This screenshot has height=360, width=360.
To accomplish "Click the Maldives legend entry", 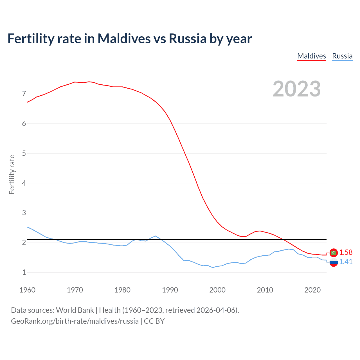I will [x=311, y=56].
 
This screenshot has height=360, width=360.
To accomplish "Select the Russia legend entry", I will [x=342, y=56].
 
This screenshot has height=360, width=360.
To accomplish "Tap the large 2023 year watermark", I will [x=296, y=89].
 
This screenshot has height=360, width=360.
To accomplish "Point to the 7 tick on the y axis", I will [x=24, y=94].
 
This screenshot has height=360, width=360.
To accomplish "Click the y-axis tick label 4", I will [x=24, y=183].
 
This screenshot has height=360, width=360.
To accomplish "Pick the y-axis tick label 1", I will [x=24, y=272].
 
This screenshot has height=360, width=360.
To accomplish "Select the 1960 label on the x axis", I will [x=27, y=290].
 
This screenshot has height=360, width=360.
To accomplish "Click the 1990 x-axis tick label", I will [x=170, y=290].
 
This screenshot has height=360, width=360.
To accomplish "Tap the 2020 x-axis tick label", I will [x=312, y=290].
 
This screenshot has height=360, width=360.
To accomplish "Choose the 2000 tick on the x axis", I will [x=217, y=290].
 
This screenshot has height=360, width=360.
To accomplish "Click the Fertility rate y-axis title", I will [x=12, y=174].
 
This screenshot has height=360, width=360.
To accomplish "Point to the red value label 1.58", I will [x=346, y=253].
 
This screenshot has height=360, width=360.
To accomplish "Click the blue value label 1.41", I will [x=346, y=262].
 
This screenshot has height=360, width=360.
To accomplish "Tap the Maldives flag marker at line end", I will [x=334, y=253].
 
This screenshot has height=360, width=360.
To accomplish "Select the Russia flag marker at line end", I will [x=334, y=262].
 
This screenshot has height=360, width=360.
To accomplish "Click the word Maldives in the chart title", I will [x=124, y=39].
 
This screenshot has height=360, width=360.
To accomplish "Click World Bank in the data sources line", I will [x=75, y=310].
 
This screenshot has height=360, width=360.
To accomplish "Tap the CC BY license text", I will [x=154, y=321].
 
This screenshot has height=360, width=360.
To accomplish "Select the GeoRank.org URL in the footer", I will [x=75, y=321].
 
